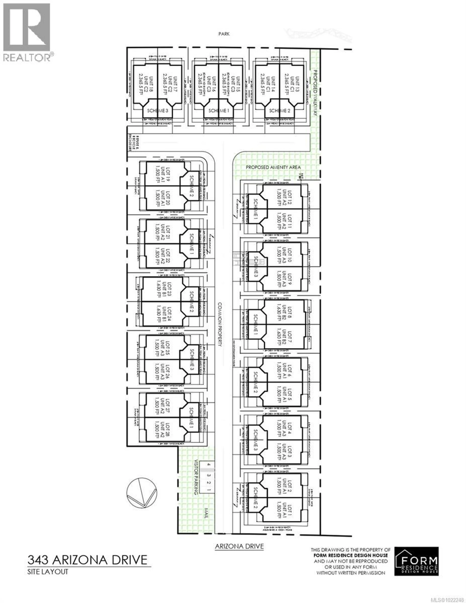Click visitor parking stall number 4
coord(209,464)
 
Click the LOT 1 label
coord(289,511)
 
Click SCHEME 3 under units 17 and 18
coord(157,111)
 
